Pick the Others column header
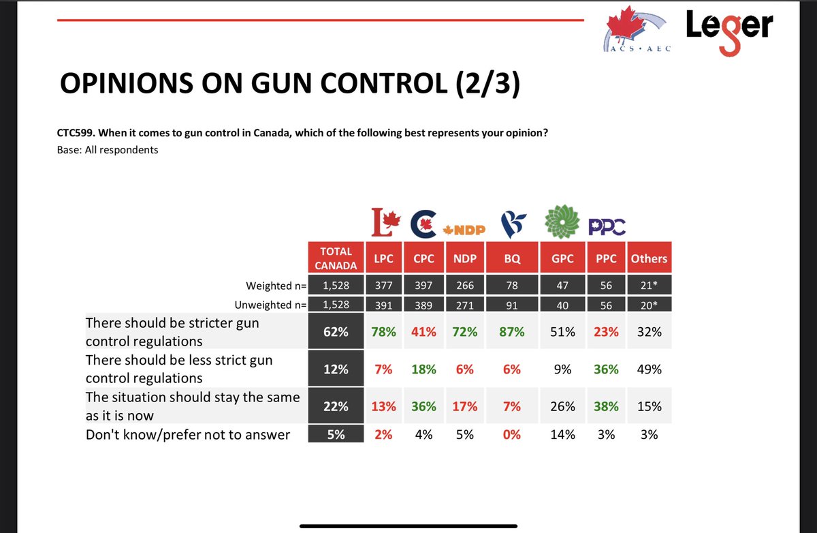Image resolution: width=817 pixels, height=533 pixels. point(649,259)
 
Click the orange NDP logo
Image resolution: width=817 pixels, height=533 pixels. point(464,229)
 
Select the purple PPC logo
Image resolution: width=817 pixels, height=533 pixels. point(605,226)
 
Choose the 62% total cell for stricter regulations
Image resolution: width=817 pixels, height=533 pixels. point(335,332)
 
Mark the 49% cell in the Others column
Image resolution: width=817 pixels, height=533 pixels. point(649,369)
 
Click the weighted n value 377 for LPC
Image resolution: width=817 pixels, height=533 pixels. point(383,286)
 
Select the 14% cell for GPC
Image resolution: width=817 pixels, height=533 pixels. point(562,434)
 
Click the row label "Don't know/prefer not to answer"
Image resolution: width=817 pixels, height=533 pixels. point(188,434)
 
